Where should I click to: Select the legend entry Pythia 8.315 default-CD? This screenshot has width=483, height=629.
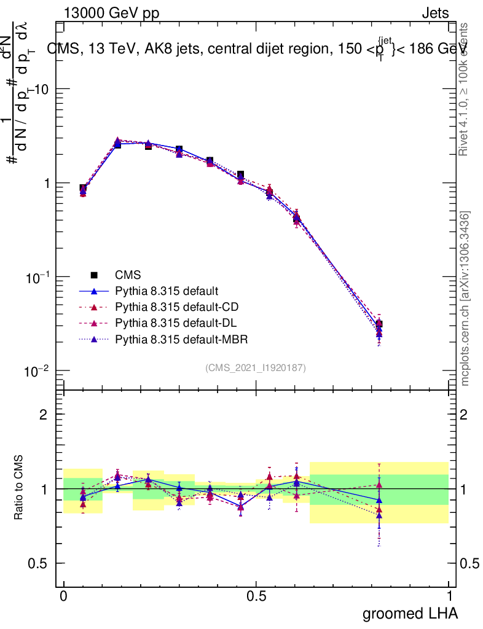click(175, 307)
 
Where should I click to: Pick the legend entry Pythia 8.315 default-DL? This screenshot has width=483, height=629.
click(175, 322)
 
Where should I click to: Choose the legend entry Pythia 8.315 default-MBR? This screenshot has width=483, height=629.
click(178, 338)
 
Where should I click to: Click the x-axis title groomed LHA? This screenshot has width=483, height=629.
click(410, 613)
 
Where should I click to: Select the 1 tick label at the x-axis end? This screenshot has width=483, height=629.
click(449, 596)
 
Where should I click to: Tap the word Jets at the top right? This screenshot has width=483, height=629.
click(434, 13)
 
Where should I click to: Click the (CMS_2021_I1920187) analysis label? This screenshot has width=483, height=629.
click(256, 367)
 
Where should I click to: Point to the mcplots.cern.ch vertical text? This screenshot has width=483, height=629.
click(465, 299)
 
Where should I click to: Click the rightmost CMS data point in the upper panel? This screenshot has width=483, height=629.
click(379, 324)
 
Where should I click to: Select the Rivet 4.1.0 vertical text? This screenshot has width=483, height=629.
click(465, 89)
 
